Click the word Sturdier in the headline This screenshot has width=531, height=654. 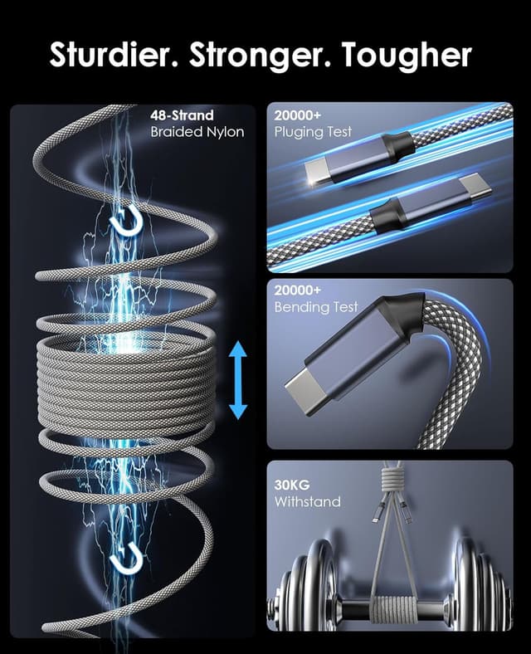[114, 55]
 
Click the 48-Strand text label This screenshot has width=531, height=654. [182, 115]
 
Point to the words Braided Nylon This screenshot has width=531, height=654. [197, 132]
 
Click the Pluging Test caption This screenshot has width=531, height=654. [313, 132]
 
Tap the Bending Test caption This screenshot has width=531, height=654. [316, 307]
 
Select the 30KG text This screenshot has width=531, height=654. [292, 485]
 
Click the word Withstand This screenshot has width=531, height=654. [307, 501]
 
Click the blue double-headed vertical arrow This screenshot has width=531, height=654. [238, 380]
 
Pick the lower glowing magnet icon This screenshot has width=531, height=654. [126, 557]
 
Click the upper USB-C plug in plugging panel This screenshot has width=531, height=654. [358, 159]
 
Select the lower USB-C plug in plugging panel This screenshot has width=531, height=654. [429, 204]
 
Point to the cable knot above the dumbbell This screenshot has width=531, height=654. [391, 481]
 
